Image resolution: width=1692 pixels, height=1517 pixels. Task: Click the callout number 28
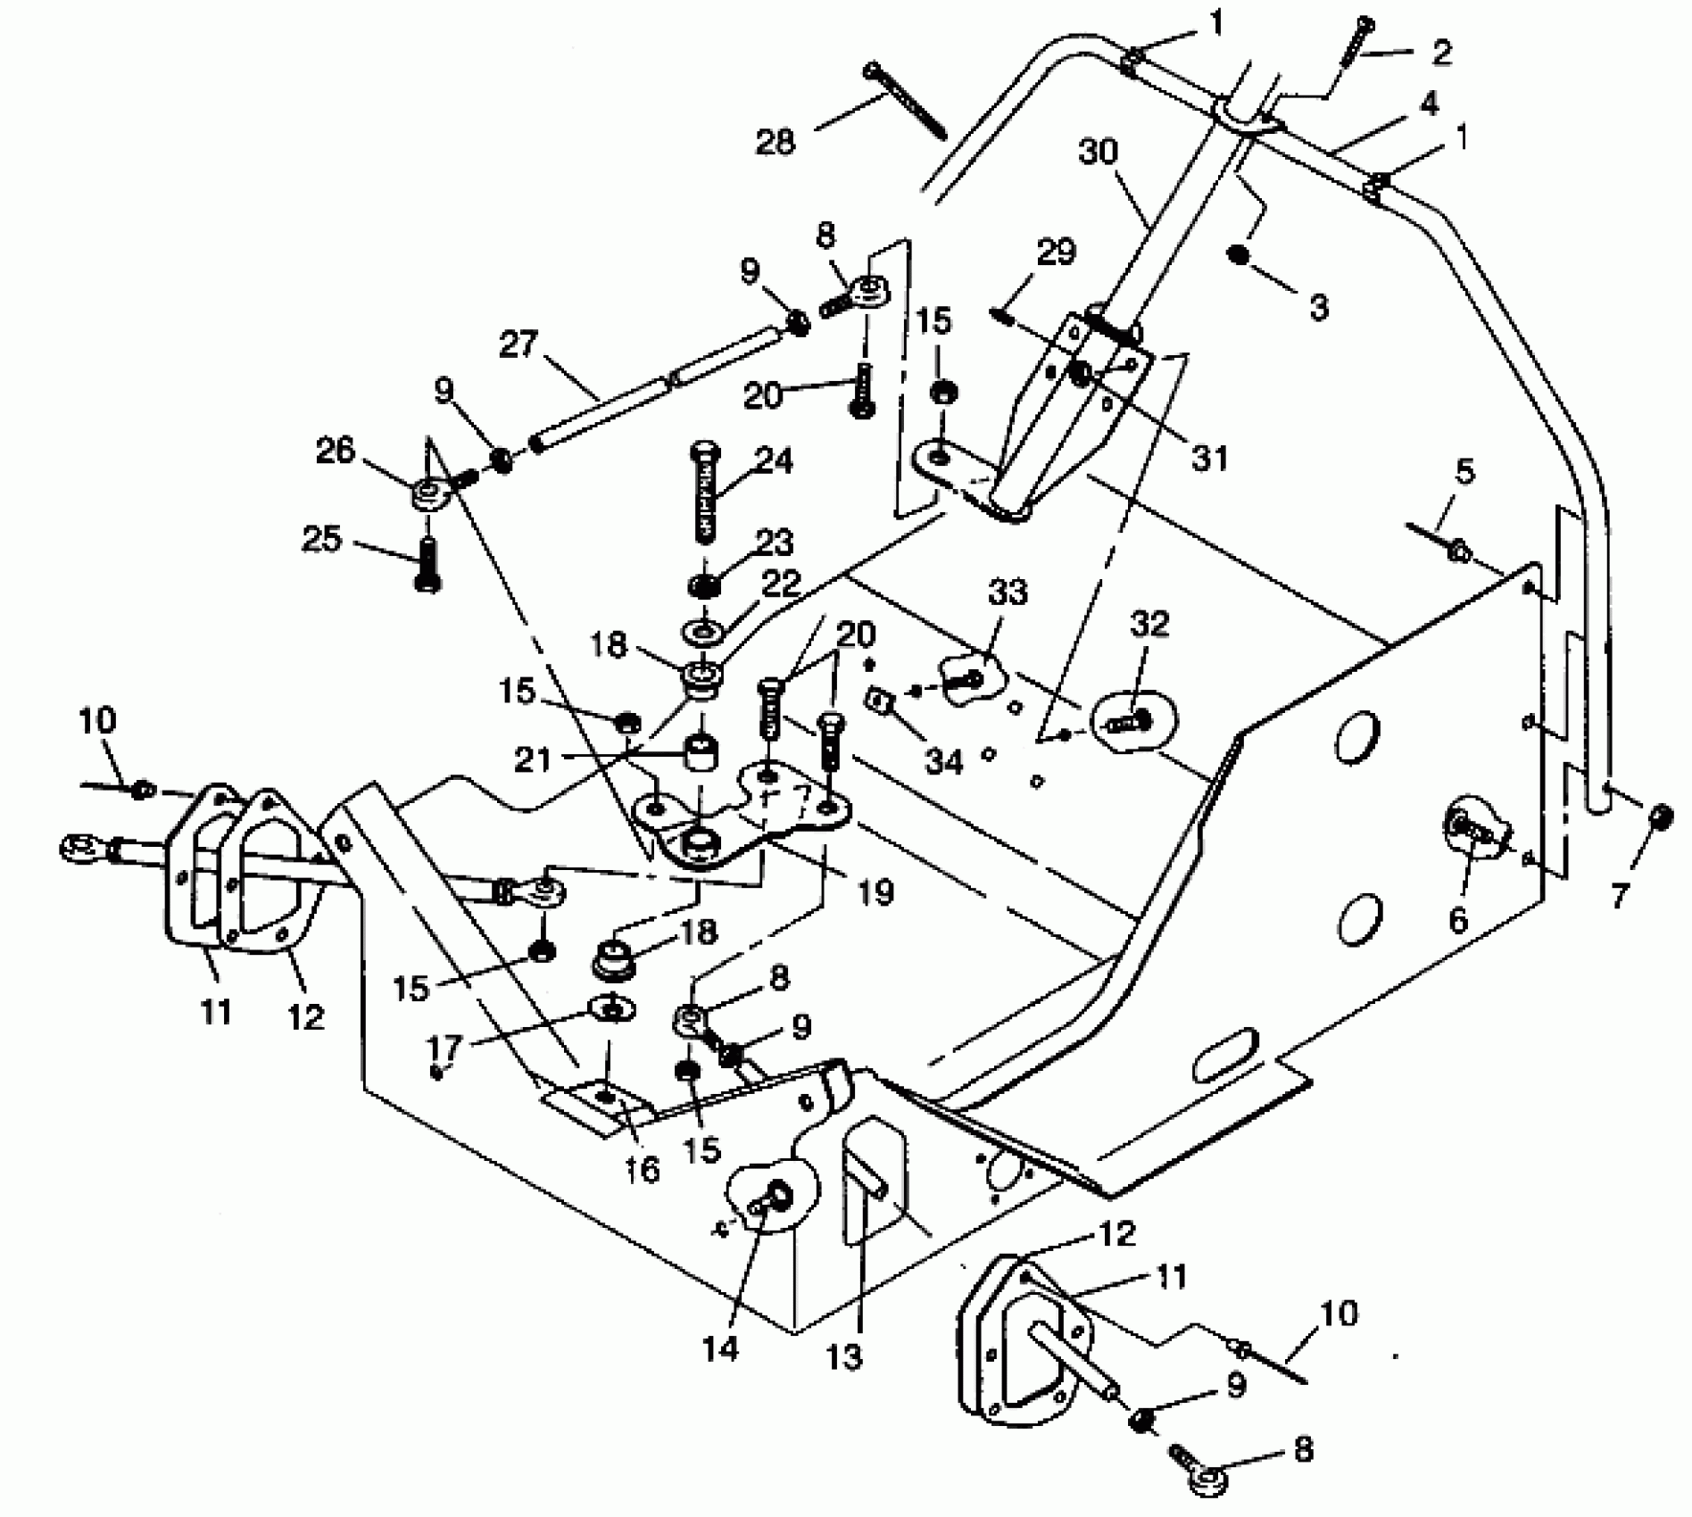[775, 141]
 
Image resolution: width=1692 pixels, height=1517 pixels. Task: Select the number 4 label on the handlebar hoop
[1429, 104]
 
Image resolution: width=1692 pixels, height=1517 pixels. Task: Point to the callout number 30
[1098, 153]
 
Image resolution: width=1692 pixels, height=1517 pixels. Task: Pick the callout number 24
[773, 461]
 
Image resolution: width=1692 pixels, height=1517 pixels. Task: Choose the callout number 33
[1008, 593]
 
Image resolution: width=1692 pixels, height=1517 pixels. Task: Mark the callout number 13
[844, 1356]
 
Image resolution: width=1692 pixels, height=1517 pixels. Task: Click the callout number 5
[1464, 471]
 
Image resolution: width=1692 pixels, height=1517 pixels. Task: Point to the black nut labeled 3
[1238, 255]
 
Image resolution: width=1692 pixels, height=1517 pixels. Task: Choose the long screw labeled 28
[906, 99]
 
